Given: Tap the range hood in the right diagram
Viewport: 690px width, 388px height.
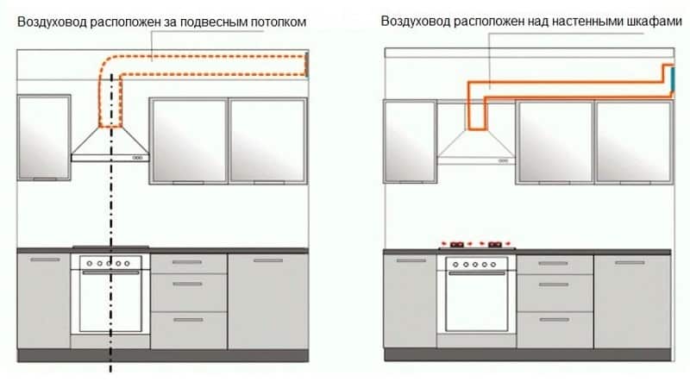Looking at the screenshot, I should point(475,147).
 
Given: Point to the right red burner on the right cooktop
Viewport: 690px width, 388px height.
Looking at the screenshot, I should point(495,243).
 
